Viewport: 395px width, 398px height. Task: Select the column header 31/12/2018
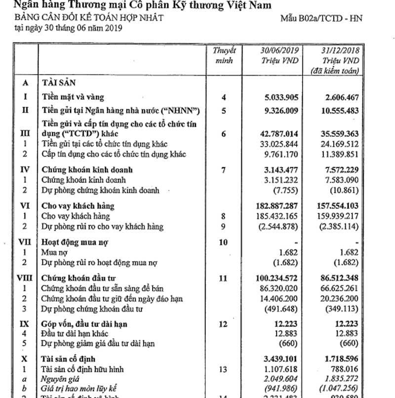338,51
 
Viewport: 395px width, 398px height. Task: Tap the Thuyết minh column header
225,55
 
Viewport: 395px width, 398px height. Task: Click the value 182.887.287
274,206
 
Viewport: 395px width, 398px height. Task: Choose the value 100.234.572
274,279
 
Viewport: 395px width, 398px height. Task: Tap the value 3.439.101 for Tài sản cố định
277,358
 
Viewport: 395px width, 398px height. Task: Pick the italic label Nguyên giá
60,379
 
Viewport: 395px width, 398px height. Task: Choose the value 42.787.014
276,134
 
